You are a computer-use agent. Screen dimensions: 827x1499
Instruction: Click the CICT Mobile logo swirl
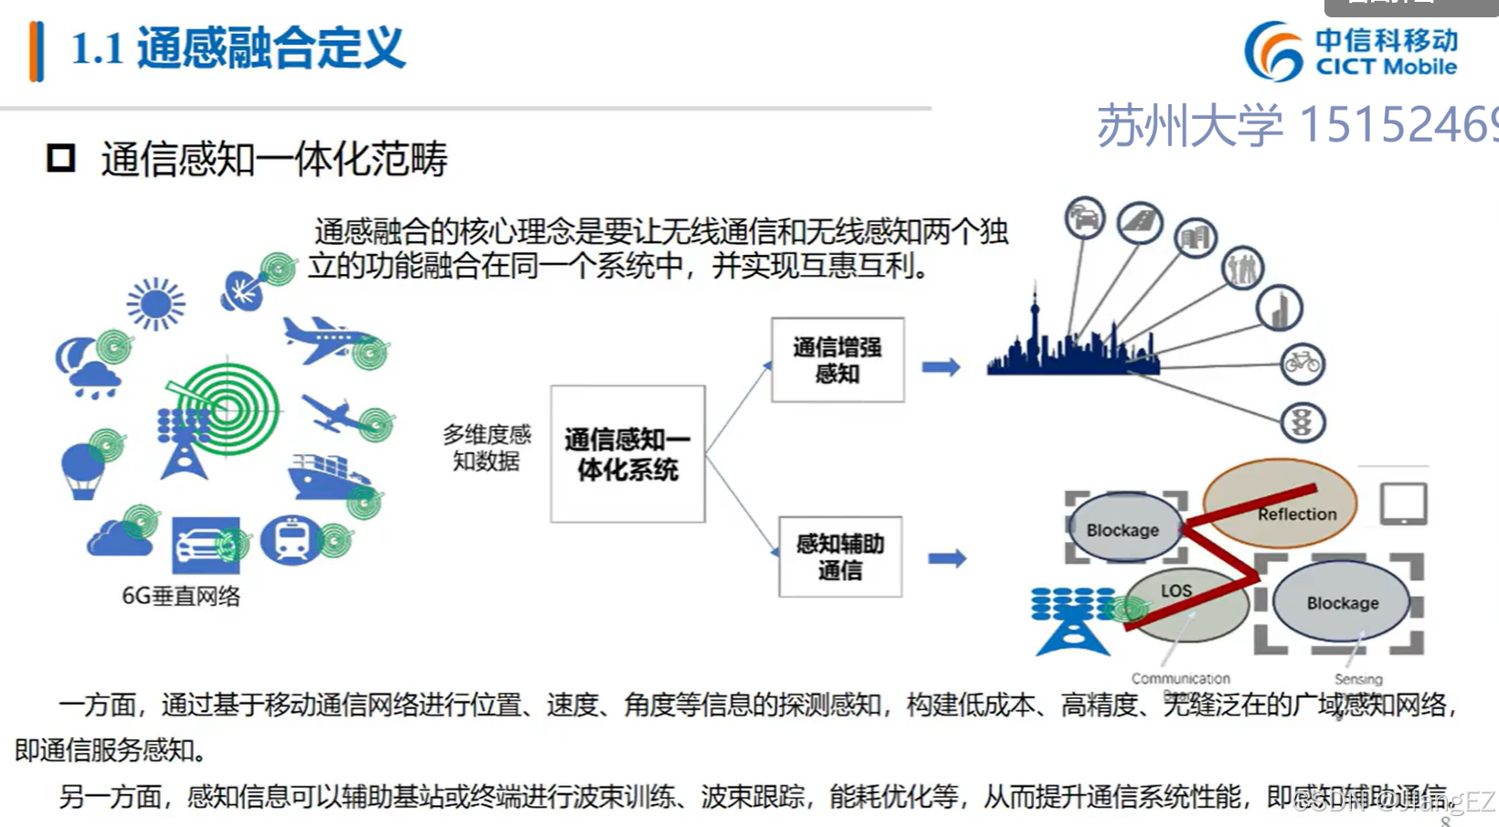click(x=1273, y=51)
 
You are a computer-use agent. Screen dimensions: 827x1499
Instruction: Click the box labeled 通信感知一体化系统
click(x=627, y=454)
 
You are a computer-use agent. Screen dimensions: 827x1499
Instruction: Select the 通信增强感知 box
click(x=837, y=360)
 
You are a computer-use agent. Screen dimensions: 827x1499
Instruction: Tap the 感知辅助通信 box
click(x=840, y=557)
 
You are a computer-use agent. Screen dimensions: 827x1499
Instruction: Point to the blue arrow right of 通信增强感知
click(x=941, y=367)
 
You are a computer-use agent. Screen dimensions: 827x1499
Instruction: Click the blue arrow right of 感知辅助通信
click(x=947, y=558)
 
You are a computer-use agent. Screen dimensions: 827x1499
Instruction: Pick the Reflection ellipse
click(x=1280, y=503)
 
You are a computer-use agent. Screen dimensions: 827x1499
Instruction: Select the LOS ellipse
click(x=1185, y=603)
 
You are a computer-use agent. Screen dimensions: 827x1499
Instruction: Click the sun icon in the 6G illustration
click(x=156, y=303)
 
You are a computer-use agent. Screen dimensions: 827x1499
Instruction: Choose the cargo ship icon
click(x=326, y=477)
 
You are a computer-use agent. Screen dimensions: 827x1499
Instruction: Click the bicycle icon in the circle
click(x=1302, y=364)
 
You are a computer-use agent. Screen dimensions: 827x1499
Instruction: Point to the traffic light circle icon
click(x=1302, y=422)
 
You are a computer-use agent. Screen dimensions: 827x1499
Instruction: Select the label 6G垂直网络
click(x=181, y=597)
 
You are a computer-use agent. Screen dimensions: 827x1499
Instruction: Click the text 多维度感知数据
click(x=486, y=448)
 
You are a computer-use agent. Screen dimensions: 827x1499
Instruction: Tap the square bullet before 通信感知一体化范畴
click(x=61, y=158)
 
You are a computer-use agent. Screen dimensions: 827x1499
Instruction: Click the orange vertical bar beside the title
click(x=37, y=51)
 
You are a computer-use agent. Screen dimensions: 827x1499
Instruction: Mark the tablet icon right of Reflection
click(x=1403, y=504)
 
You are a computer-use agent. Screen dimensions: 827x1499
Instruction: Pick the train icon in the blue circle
click(x=291, y=539)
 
